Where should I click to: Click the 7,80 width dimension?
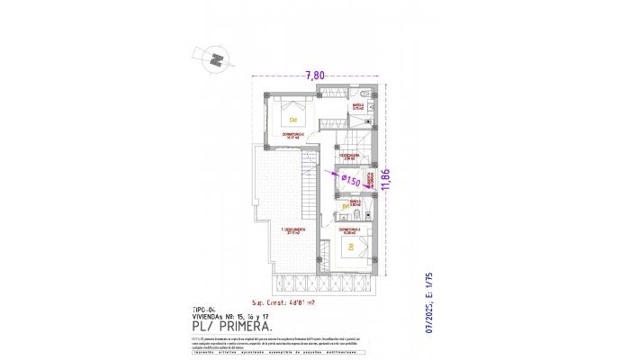[x=316, y=75]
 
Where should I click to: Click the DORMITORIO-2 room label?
[x=292, y=136]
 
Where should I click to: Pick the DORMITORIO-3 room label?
[x=350, y=229]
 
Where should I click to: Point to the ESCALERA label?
[x=350, y=155]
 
